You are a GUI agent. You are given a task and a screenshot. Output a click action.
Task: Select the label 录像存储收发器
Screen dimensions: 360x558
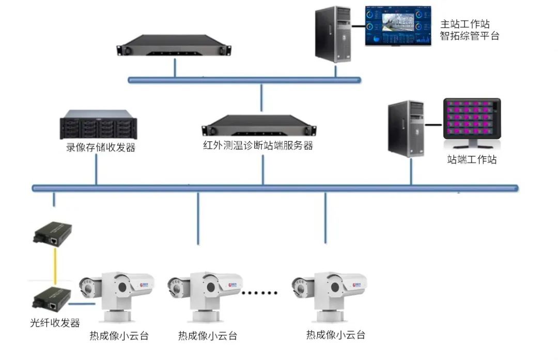[100, 148]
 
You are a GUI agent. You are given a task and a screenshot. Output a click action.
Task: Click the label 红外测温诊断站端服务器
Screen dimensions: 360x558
[258, 145]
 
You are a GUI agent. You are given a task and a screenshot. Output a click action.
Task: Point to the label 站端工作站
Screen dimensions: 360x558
[472, 160]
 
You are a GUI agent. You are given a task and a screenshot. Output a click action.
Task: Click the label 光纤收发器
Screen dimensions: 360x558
[54, 323]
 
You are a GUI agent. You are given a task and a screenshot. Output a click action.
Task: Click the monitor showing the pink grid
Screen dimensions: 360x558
[472, 122]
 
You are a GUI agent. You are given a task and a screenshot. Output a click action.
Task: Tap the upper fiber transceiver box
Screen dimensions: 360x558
[52, 233]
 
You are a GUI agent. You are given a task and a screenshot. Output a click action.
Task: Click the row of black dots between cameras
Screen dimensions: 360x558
[260, 292]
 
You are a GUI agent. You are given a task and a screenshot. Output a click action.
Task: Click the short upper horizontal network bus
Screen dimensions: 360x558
[244, 80]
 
